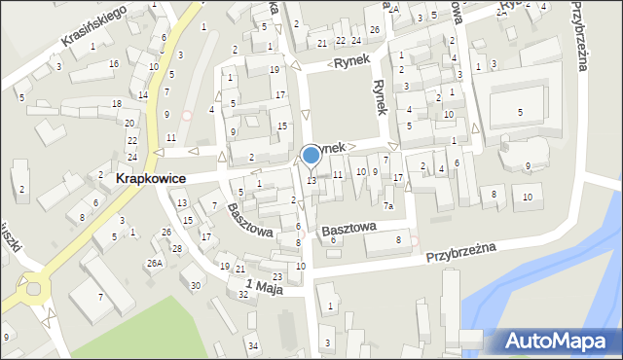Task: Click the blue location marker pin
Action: tap(311, 155)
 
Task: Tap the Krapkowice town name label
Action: tap(151, 179)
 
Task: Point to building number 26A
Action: tap(155, 263)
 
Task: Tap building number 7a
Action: tap(387, 205)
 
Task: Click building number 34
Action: tap(252, 346)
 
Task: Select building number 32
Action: tap(243, 294)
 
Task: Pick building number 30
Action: tap(196, 285)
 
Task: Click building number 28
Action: tap(177, 249)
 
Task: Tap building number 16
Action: tap(114, 64)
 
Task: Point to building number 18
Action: tap(117, 104)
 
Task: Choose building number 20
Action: tap(129, 123)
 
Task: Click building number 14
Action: tap(143, 94)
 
